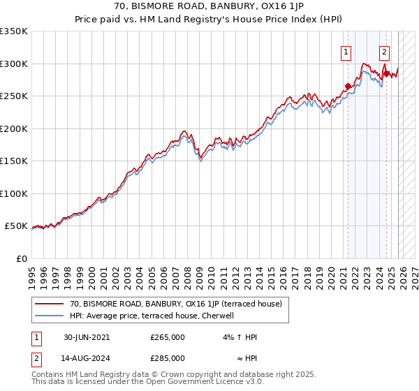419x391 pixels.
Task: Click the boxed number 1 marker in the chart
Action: click(346, 51)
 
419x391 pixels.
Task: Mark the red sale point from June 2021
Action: click(348, 87)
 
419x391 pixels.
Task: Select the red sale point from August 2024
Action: click(385, 73)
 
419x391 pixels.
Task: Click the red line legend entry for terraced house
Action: click(175, 304)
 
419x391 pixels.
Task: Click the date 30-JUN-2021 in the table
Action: click(87, 337)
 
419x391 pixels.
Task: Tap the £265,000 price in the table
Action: click(168, 337)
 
